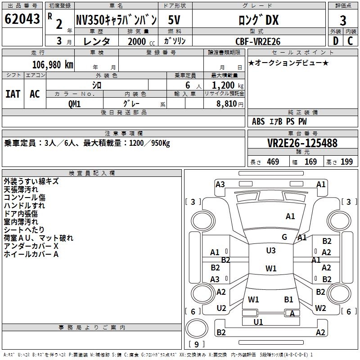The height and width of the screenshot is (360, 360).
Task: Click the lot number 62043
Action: point(22,20)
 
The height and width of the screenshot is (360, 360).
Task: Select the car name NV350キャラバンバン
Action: point(116,20)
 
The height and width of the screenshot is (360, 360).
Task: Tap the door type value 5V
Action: point(175,20)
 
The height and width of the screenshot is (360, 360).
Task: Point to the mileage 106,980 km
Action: point(53,64)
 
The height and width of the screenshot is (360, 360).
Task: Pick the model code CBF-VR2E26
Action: point(258,41)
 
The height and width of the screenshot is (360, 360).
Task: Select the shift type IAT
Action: point(13,94)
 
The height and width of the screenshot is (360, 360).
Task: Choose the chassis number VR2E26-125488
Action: point(302,143)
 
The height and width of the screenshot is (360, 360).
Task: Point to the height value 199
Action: point(346,162)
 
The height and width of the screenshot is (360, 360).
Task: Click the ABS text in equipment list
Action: point(258,121)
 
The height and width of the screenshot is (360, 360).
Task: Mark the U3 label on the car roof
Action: point(271,250)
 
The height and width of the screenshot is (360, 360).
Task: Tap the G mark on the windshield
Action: point(284,237)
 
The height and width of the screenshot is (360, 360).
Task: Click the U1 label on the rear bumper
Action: point(258,322)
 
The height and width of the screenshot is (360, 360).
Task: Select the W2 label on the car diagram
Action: point(320,308)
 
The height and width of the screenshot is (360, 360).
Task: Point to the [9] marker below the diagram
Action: point(197,344)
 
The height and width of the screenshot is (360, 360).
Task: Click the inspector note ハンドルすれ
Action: point(24,206)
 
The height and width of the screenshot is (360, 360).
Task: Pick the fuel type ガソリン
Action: point(175,41)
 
